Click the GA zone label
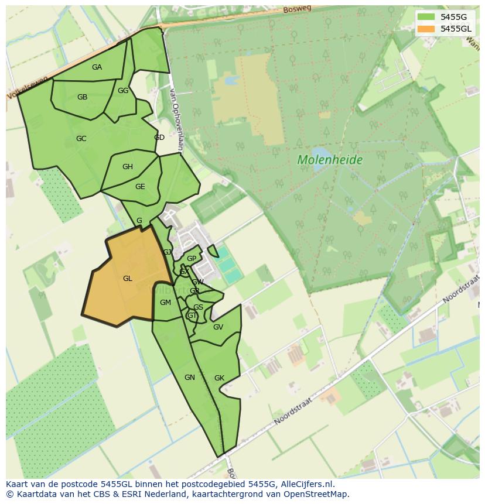[97, 67]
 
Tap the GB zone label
[82, 97]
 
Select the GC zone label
[81, 139]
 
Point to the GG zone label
[123, 91]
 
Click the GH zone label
[128, 167]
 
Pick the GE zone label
[140, 187]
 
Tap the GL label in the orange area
[128, 279]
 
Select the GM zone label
[165, 303]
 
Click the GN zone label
[189, 378]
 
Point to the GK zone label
[219, 378]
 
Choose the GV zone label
[218, 327]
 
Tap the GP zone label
[192, 259]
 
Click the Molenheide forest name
[330, 160]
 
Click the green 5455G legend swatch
[426, 17]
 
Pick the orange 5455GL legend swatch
[426, 29]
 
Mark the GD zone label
[159, 138]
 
